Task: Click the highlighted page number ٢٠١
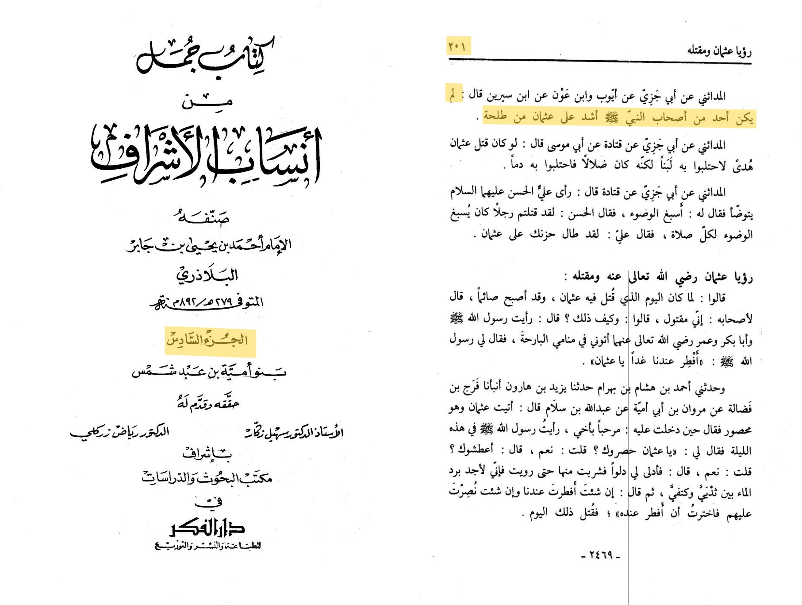point(457,46)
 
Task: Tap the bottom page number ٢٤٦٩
point(601,555)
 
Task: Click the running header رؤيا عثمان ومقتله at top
point(719,51)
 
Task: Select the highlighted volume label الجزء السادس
point(210,341)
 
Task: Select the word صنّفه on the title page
point(202,217)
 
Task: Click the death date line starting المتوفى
point(207,302)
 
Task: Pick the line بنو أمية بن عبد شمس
point(209,372)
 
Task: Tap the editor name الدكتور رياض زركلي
point(119,431)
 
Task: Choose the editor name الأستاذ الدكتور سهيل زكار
point(294,431)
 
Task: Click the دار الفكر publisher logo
point(207,527)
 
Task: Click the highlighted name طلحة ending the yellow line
point(495,116)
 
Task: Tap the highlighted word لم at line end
point(453,94)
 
